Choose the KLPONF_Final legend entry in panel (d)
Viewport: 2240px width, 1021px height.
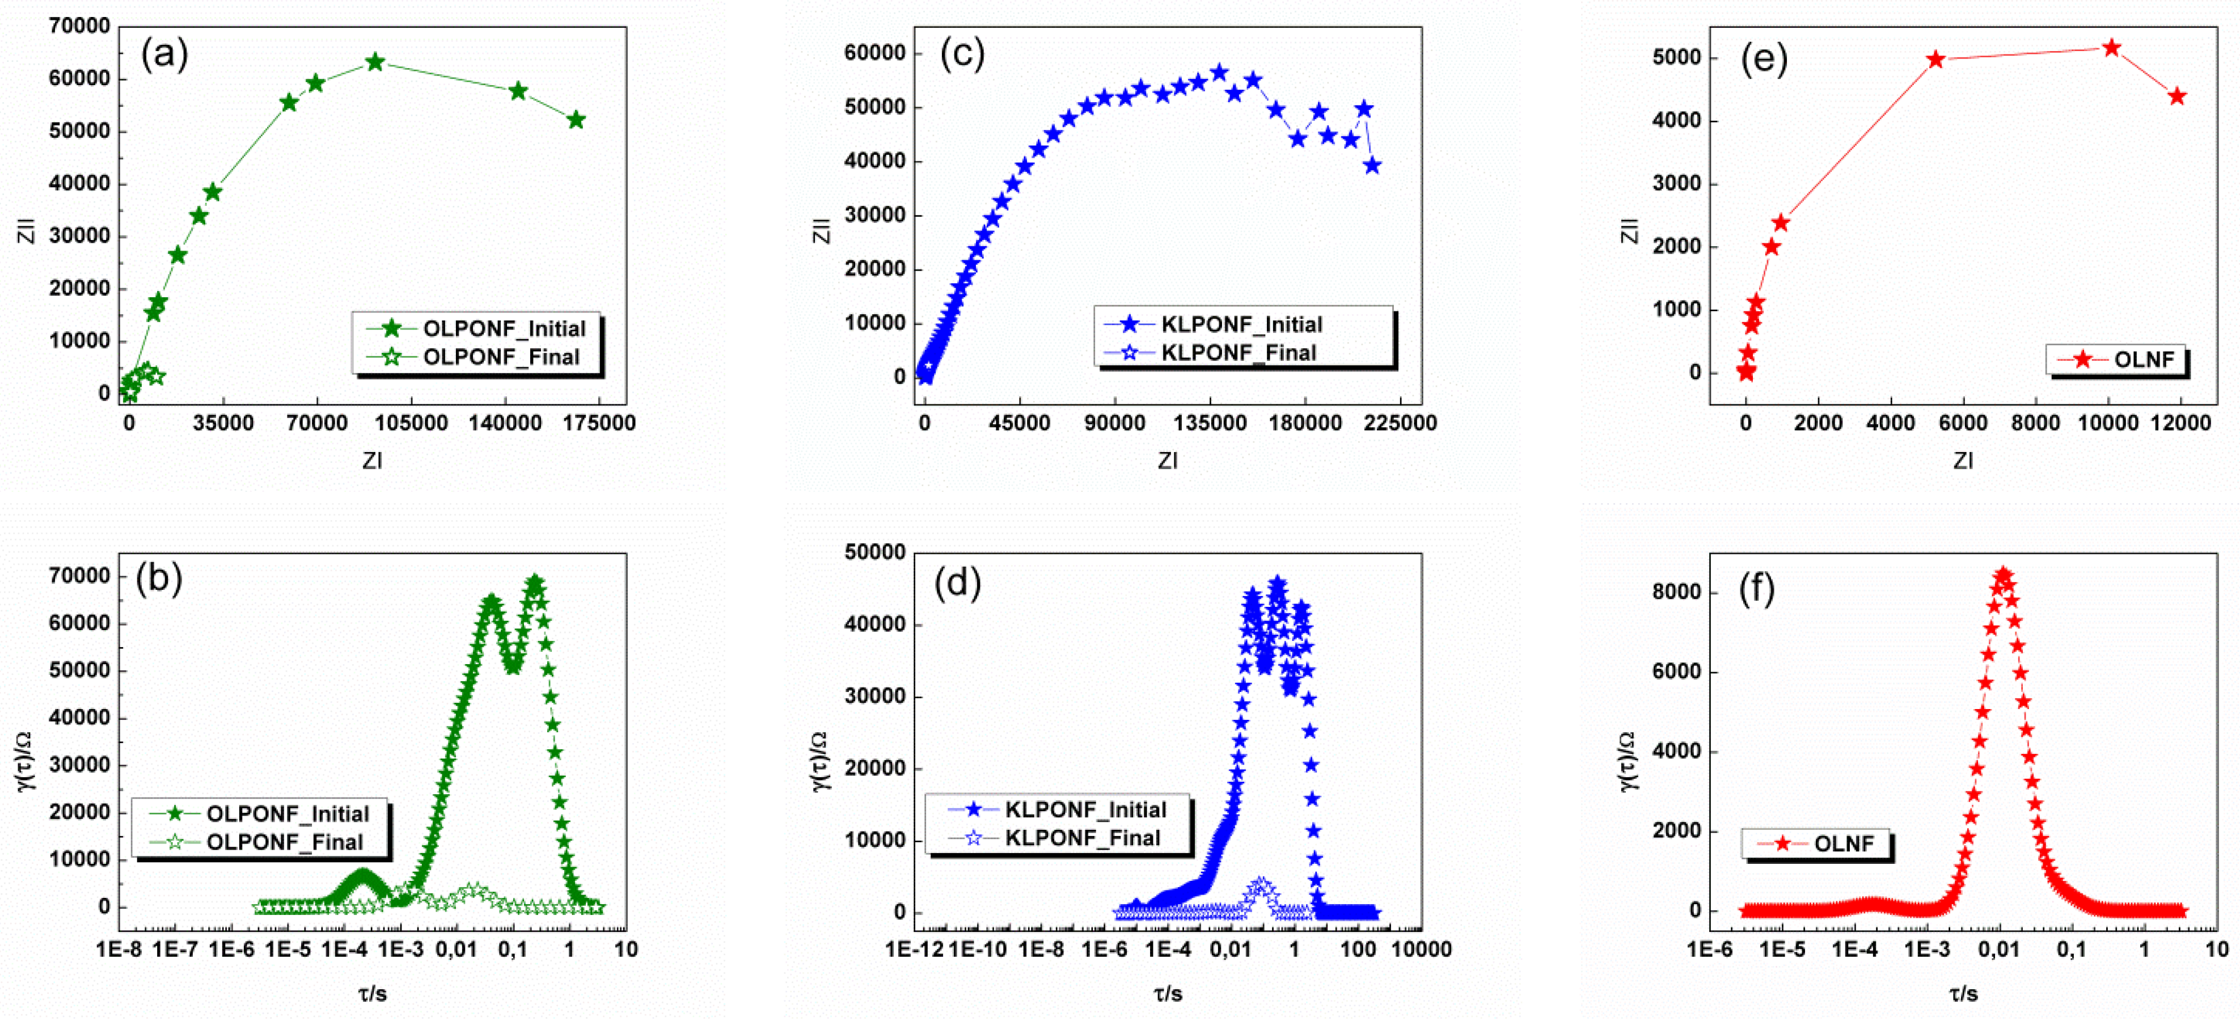point(1082,837)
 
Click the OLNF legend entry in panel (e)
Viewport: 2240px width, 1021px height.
point(2144,359)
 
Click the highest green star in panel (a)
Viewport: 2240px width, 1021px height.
point(375,62)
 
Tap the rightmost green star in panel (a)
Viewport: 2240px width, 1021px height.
point(576,120)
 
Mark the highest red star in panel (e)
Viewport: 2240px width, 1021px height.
point(2111,48)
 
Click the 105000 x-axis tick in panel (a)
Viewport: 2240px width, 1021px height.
point(411,424)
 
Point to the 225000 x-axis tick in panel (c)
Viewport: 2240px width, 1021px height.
point(1399,424)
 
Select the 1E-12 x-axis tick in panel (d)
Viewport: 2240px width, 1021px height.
point(915,949)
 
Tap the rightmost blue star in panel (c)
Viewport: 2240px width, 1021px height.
point(1372,165)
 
